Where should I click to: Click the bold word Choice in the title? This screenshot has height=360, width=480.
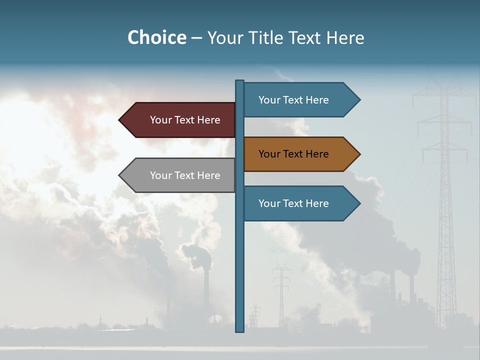[x=156, y=37]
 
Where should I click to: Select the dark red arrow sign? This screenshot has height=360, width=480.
[x=180, y=120]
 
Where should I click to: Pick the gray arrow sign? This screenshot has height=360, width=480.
[x=180, y=175]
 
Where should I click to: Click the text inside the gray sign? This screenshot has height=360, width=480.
[x=185, y=175]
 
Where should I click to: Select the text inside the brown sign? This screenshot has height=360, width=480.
[x=293, y=154]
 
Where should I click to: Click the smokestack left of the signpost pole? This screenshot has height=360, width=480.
[x=206, y=290]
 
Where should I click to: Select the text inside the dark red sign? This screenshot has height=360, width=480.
[x=185, y=120]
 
